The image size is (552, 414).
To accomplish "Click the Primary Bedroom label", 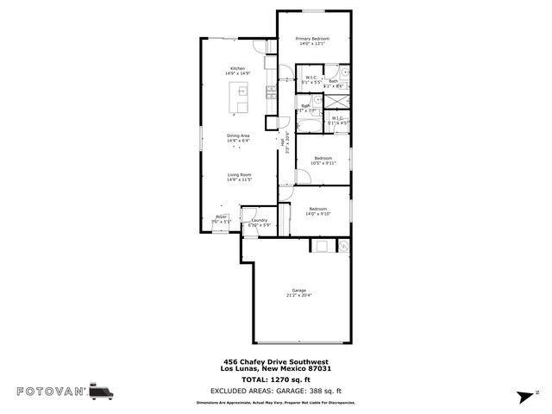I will point(314,39).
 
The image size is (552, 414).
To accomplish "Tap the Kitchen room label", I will point(237,68).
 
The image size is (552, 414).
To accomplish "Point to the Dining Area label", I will point(238,135).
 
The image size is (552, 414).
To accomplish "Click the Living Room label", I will point(239,175).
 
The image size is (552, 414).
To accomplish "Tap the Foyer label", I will point(221,216).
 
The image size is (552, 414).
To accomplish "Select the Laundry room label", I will point(260,220).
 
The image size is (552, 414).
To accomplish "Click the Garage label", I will point(298,291).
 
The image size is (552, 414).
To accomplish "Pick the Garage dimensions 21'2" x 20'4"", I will point(298,296).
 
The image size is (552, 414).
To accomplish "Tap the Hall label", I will point(282,141).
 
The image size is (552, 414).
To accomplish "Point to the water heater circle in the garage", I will point(342,246).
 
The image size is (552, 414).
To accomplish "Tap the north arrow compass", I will point(523,396).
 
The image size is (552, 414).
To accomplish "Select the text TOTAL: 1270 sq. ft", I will point(275,379).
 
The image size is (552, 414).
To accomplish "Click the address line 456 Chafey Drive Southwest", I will point(275,361).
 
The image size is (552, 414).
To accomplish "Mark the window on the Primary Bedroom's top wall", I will point(314,10).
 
